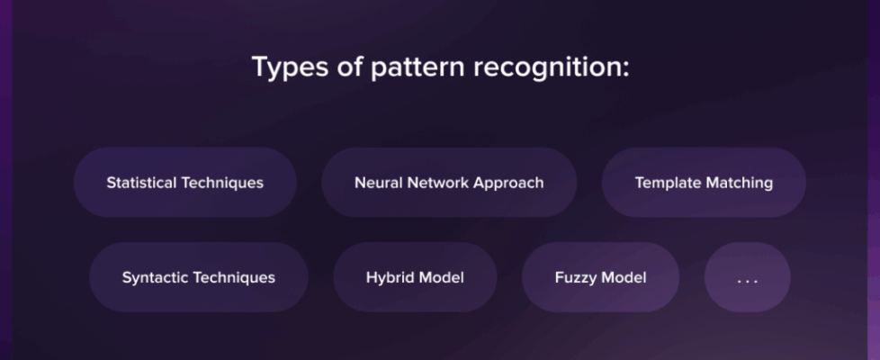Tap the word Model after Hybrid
coord(441,277)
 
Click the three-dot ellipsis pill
coord(748,277)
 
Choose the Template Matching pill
coord(704,183)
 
